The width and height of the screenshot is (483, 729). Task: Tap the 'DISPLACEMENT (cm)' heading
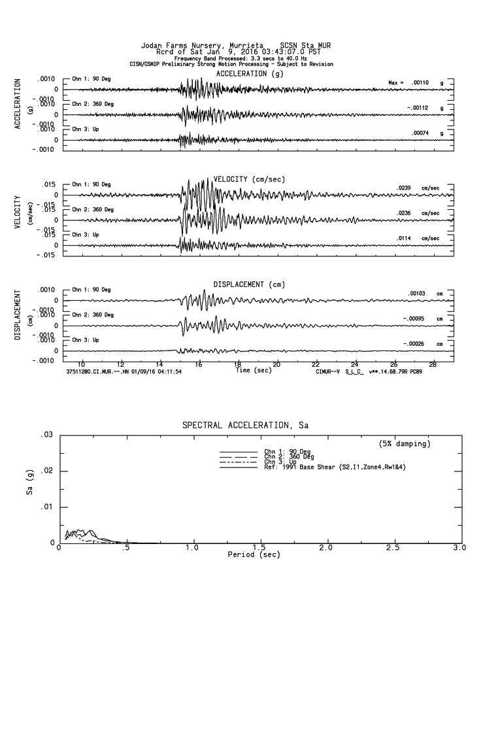[249, 284]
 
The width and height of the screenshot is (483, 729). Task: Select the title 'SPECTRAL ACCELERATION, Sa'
[245, 426]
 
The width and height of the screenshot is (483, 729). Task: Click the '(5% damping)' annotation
[405, 444]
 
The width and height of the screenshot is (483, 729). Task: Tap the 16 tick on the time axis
[199, 364]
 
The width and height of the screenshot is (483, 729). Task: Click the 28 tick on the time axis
[433, 364]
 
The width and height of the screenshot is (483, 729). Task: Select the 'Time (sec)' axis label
[253, 370]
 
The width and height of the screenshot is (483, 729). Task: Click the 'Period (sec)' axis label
[254, 554]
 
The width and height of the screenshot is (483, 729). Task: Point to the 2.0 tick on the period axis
[326, 548]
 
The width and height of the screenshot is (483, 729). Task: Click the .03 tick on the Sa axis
[46, 435]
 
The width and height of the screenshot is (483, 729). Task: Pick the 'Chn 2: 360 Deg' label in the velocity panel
[92, 209]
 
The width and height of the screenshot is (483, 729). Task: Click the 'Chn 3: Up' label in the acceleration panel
[85, 129]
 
